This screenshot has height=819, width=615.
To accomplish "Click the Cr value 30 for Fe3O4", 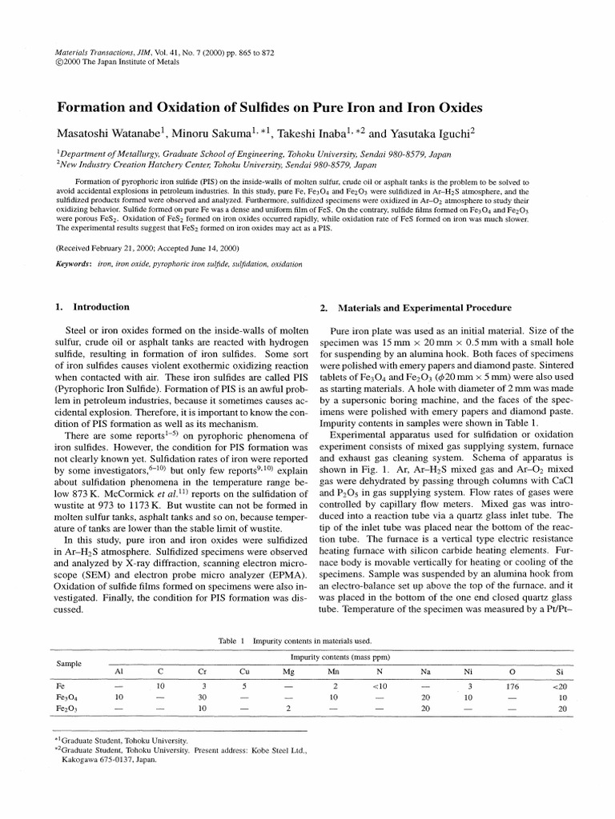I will point(203,698).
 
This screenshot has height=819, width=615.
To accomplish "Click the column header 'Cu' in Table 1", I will point(245,672).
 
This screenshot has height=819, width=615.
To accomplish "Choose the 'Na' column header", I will point(425,672).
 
